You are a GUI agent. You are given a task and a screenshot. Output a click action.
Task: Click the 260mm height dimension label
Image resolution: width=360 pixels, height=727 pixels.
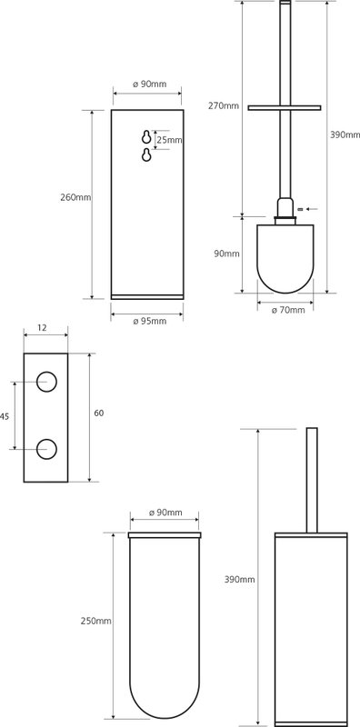point(75,197)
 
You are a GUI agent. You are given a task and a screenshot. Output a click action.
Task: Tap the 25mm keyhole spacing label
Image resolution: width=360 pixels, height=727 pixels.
point(169,140)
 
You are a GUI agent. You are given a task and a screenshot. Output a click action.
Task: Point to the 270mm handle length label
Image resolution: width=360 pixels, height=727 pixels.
point(224,105)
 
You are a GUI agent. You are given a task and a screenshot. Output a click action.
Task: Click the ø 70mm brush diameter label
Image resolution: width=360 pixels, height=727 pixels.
point(288,310)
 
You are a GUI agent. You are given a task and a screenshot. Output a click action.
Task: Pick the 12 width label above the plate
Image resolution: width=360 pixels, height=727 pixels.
point(42,328)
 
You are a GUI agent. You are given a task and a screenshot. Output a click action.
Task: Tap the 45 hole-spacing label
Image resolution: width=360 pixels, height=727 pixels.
point(5,417)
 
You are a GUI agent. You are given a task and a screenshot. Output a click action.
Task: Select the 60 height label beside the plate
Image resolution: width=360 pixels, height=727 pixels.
point(99,413)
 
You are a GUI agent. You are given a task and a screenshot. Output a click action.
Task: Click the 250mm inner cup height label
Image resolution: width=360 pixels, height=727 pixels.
point(95,621)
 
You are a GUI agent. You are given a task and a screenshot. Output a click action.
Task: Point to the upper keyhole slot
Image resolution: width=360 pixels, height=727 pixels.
point(146,137)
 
